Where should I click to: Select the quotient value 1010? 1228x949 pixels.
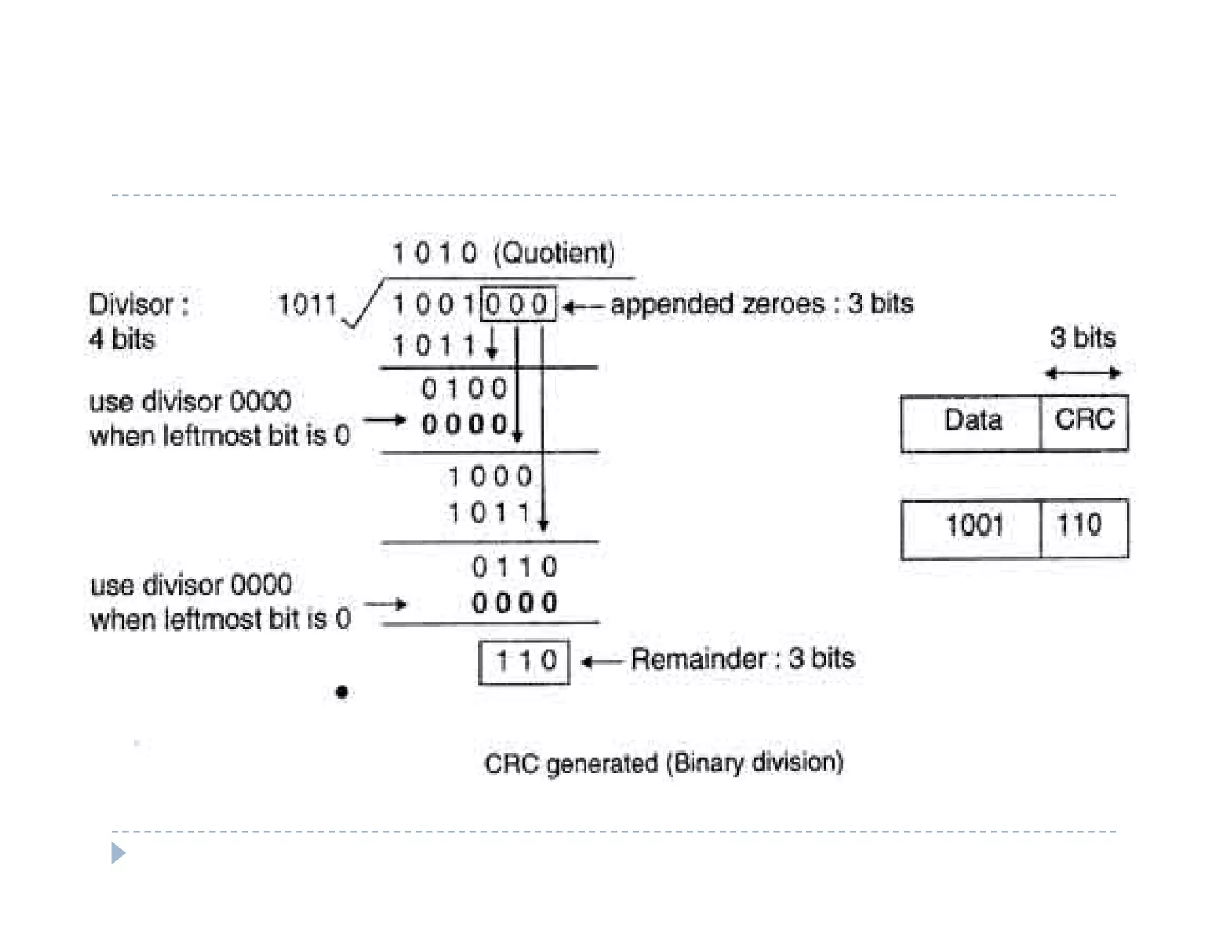point(435,253)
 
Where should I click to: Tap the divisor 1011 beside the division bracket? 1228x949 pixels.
point(307,304)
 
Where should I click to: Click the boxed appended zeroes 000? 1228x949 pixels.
point(518,304)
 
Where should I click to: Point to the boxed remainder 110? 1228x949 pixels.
point(525,662)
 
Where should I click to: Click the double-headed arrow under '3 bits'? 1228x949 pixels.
point(1082,373)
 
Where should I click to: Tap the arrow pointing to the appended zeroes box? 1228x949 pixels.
point(583,307)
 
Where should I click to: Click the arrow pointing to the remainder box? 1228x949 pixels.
point(603,662)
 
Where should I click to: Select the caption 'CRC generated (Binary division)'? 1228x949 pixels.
point(664,763)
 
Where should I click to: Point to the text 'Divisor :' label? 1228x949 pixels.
point(139,305)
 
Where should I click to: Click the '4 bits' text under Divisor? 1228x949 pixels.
point(122,340)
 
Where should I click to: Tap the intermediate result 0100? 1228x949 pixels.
point(465,389)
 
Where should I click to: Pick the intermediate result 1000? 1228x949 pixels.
point(490,477)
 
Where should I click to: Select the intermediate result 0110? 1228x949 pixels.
point(514,567)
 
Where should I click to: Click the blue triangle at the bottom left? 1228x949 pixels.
point(118,852)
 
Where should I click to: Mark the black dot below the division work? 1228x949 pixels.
point(342,692)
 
